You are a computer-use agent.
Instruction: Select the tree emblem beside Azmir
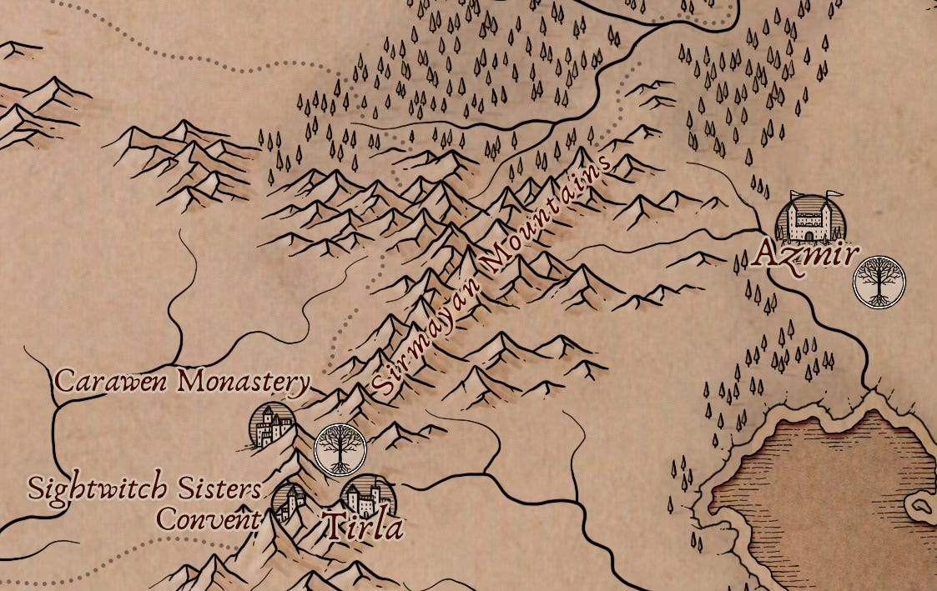(x=878, y=283)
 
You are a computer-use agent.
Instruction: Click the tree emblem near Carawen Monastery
(x=340, y=449)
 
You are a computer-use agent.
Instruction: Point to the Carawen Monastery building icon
(x=273, y=426)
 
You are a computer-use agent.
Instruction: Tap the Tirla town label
(x=362, y=528)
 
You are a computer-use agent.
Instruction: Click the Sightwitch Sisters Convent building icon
(x=291, y=503)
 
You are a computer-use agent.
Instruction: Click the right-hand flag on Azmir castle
(x=833, y=195)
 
